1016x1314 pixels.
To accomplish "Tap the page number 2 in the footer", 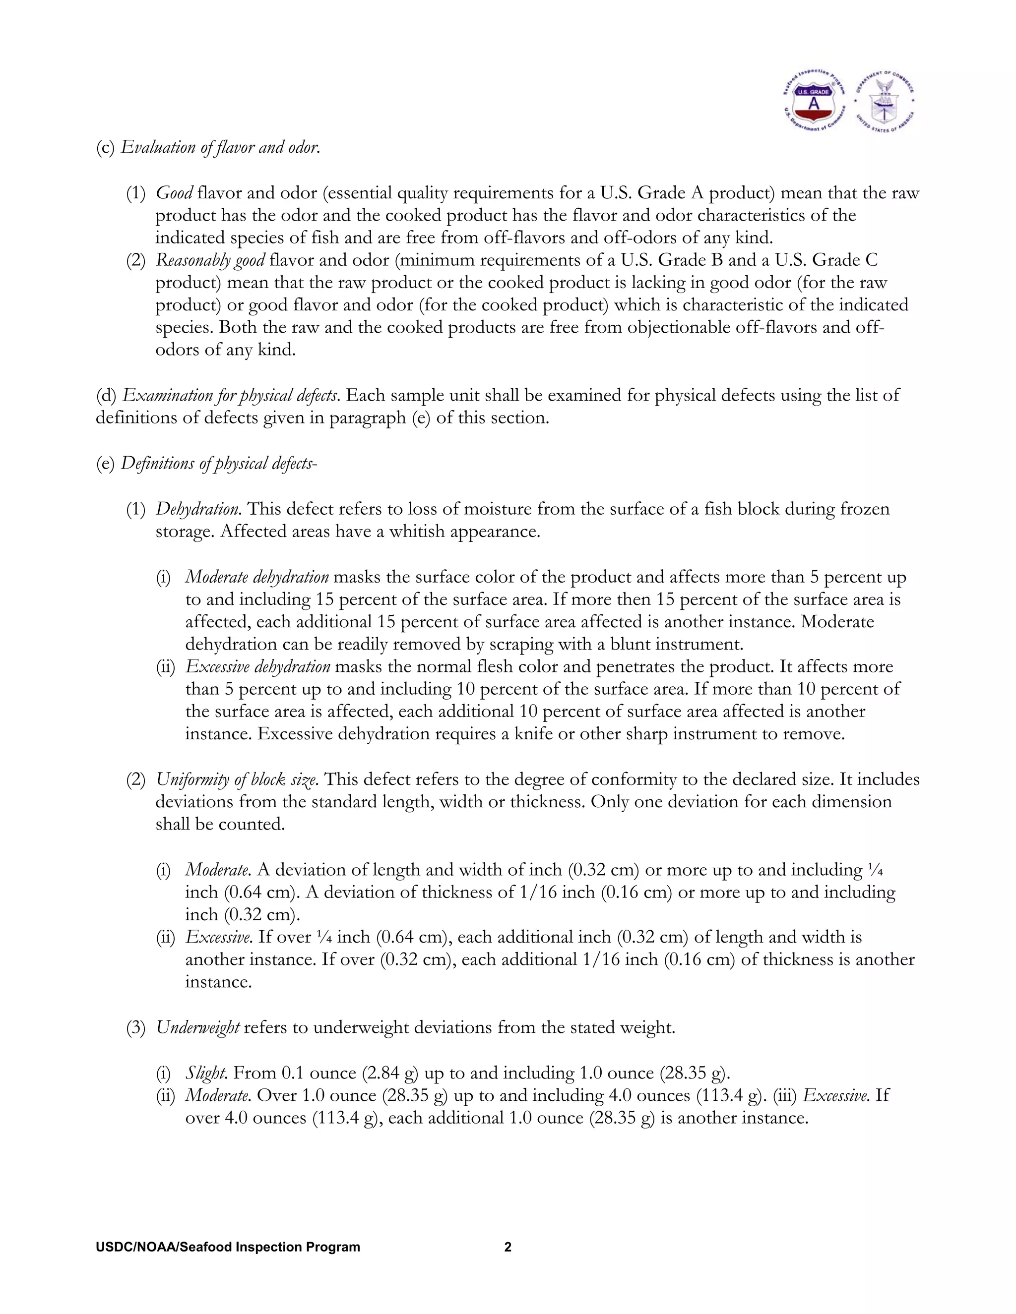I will [x=508, y=1247].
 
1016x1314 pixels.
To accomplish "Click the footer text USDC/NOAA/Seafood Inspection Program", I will [x=228, y=1247].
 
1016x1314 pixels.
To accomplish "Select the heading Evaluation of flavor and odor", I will [x=220, y=147].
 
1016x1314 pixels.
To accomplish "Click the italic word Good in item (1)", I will [x=174, y=193].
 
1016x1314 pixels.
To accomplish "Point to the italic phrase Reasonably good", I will [x=210, y=260].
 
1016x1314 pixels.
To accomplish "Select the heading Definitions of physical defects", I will [x=218, y=463].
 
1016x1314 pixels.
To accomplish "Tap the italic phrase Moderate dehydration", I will [x=257, y=577].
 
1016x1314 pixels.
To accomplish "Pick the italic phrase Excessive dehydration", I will [x=257, y=666].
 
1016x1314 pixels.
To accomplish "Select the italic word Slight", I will [x=206, y=1074].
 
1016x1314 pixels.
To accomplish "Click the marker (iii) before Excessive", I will [x=782, y=1096].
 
